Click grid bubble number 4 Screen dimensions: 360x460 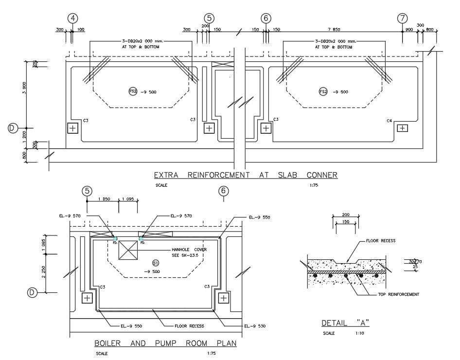73,18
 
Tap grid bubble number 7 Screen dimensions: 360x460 402,18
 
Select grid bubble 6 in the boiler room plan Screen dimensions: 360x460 223,191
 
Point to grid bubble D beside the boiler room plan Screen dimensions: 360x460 32,292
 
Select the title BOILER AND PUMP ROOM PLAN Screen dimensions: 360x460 165,343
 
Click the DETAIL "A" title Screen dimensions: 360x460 345,323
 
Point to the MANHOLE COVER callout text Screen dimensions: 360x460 189,250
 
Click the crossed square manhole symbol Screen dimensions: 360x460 129,252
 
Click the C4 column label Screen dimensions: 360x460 389,120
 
